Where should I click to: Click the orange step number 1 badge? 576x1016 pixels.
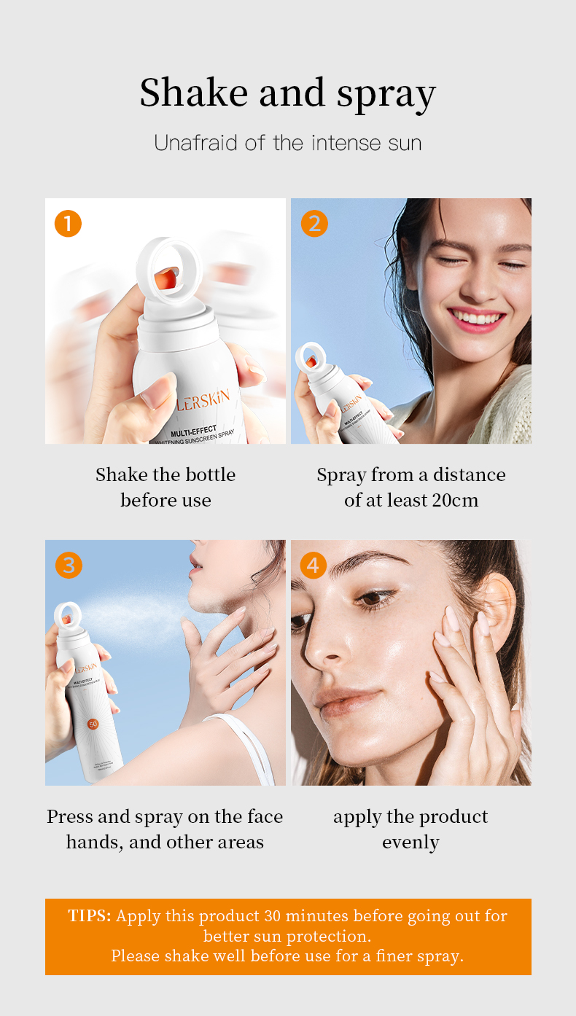[x=68, y=224]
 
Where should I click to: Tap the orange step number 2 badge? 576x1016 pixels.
[x=314, y=224]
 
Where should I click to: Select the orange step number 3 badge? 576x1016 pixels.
[x=68, y=565]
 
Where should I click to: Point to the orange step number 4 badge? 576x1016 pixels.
[x=314, y=565]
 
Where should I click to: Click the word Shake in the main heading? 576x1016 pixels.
[x=189, y=93]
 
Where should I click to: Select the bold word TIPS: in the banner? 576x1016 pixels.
[x=90, y=916]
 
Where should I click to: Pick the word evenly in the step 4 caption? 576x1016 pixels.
[x=410, y=843]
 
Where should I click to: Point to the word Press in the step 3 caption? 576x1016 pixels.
[x=70, y=816]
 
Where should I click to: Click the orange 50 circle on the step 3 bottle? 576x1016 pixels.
[x=93, y=724]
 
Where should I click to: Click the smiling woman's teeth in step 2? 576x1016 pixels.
[x=476, y=317]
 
